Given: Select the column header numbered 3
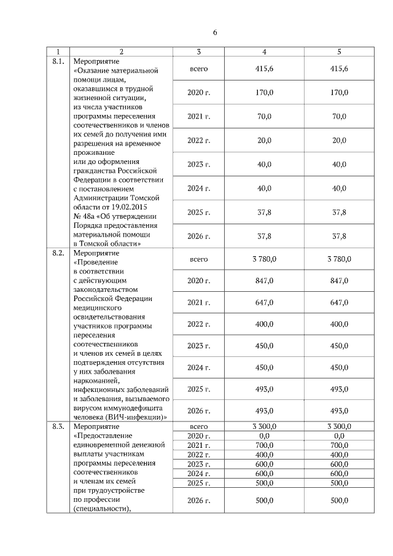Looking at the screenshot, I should pos(198,52).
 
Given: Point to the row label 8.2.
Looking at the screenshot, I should pos(58,253).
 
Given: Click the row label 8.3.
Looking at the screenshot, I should pos(58,426).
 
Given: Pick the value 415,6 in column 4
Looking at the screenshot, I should pos(264,68).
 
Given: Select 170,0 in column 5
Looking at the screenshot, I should pos(339,92).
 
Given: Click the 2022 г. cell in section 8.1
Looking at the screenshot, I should pos(198,140).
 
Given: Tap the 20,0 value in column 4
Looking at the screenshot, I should pos(264,140).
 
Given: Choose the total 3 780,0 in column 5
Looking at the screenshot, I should pos(339,259).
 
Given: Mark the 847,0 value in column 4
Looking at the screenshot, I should pos(264,281).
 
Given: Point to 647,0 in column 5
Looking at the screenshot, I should pos(339,302).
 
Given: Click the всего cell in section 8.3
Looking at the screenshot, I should pos(198,426).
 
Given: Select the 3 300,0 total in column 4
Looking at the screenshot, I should pos(264,426).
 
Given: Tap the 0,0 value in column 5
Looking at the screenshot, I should pos(339,435).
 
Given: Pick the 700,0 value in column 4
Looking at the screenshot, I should pos(264,444).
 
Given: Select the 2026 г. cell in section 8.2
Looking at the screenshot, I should pos(198,410).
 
